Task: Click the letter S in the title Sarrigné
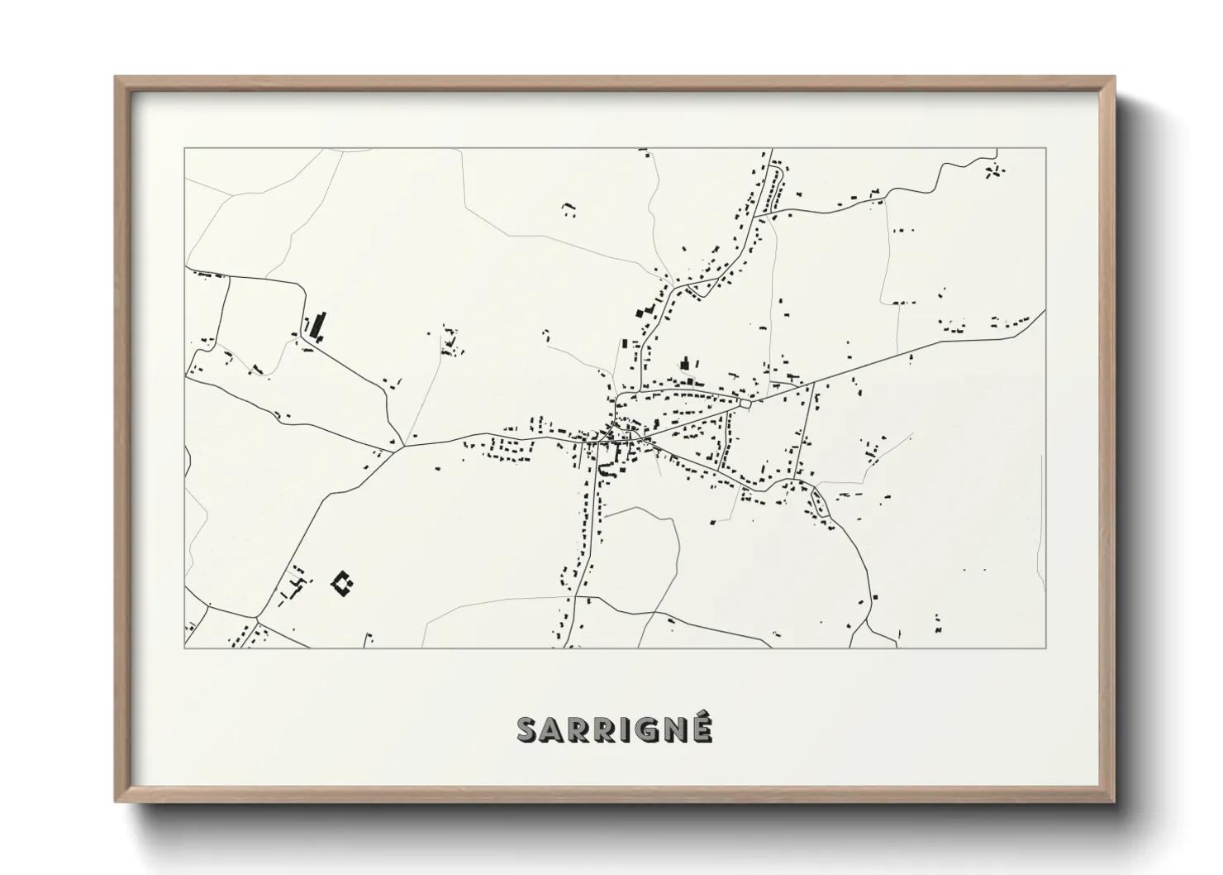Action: click(x=529, y=729)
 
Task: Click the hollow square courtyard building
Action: click(x=342, y=584)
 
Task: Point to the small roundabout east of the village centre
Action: click(x=747, y=404)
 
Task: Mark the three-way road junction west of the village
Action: click(x=402, y=447)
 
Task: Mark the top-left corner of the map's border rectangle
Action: click(x=184, y=148)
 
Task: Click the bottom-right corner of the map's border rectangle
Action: click(x=1045, y=648)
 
